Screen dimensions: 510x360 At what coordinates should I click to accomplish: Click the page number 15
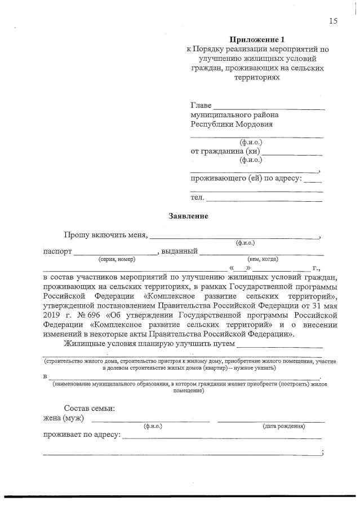pos(333,21)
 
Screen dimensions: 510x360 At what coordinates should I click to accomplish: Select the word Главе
pos(201,105)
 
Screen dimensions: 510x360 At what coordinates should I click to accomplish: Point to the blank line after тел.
pos(264,198)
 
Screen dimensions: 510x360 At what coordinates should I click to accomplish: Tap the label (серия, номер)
pos(117,259)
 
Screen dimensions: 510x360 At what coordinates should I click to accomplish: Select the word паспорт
pos(57,251)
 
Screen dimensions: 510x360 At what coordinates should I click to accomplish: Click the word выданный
pos(179,251)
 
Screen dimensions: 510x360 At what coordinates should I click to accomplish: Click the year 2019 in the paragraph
pos(52,315)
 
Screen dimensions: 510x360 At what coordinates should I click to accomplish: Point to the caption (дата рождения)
pos(284,426)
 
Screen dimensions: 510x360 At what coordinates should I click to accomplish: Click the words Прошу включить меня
pos(105,235)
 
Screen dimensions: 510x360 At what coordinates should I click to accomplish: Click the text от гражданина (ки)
pos(225,151)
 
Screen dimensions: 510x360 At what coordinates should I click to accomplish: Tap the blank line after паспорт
pos(115,252)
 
